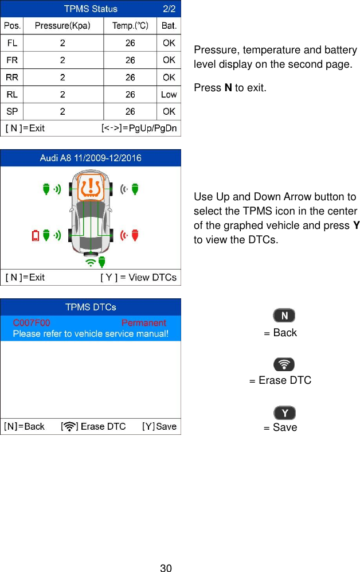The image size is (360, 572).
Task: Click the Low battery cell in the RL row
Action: tap(169, 95)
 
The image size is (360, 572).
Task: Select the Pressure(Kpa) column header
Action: tap(63, 25)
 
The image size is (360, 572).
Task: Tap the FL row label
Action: tap(11, 43)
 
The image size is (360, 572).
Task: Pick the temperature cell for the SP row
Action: tap(130, 111)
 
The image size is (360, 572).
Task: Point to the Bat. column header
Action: tap(169, 25)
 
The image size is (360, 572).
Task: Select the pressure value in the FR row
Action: tap(63, 60)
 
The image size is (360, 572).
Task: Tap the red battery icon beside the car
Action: tap(36, 235)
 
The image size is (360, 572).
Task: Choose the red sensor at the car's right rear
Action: tap(135, 235)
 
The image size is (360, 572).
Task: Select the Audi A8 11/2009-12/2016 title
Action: tap(91, 158)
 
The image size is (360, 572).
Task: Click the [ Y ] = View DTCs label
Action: tap(138, 278)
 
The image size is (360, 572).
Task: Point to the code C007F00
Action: tap(32, 322)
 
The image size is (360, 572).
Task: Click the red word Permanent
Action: tap(143, 322)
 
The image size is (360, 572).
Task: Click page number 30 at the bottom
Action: tap(166, 568)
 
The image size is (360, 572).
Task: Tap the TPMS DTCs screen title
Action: tap(91, 307)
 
